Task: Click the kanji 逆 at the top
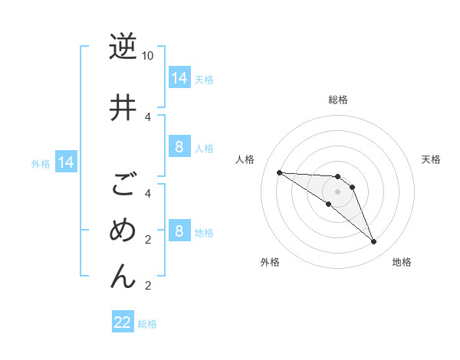[x=123, y=47]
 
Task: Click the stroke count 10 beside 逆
[x=148, y=57]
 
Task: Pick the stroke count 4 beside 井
[x=148, y=116]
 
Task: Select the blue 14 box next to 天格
[x=179, y=77]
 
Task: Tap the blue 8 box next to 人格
[x=179, y=147]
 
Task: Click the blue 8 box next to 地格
[x=179, y=231]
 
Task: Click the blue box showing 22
[x=123, y=322]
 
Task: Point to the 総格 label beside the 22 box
[x=147, y=324]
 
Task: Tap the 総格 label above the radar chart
[x=338, y=100]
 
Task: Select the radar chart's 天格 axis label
[x=432, y=159]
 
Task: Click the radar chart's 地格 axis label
[x=402, y=262]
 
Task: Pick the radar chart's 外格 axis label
[x=270, y=262]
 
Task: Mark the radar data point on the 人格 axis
[x=279, y=172]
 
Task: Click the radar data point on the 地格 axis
[x=373, y=242]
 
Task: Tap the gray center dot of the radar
[x=338, y=191]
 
